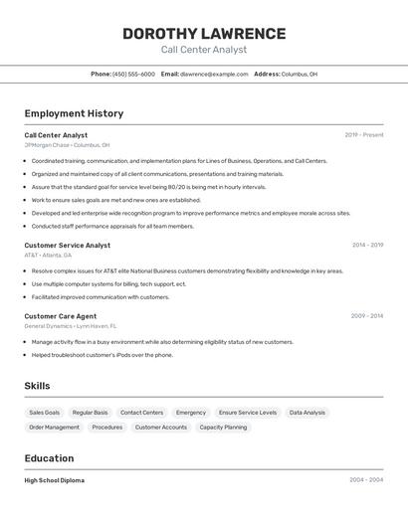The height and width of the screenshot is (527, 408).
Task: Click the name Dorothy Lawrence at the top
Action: (x=204, y=34)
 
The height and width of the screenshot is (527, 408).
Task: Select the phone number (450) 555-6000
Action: (x=133, y=74)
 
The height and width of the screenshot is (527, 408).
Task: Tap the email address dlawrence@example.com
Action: (x=214, y=74)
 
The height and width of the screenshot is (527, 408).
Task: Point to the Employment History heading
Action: (x=74, y=113)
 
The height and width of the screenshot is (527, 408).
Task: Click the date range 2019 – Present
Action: (x=364, y=134)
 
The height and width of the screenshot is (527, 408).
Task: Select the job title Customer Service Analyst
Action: (x=68, y=245)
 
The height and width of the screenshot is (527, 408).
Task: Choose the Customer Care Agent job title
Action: (x=61, y=316)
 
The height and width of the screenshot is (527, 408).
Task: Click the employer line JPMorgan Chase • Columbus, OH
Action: (x=68, y=145)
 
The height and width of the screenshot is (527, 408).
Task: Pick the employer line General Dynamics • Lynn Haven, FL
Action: (x=71, y=326)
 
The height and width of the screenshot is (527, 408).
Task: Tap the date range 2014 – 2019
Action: (x=367, y=245)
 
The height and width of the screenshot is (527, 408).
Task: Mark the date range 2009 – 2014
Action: (x=366, y=316)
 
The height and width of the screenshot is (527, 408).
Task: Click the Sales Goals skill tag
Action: (x=44, y=413)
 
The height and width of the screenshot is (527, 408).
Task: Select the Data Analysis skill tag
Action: (x=307, y=413)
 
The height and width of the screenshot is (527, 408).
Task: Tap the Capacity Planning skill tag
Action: (x=223, y=428)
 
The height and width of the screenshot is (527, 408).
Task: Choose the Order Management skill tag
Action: (x=54, y=428)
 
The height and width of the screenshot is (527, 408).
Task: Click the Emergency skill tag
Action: (x=191, y=413)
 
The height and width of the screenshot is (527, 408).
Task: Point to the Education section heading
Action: (x=49, y=458)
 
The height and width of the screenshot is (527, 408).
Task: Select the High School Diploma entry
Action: (x=55, y=480)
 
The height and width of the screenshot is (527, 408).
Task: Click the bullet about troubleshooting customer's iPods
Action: (x=102, y=355)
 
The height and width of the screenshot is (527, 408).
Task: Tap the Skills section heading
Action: (x=37, y=386)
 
